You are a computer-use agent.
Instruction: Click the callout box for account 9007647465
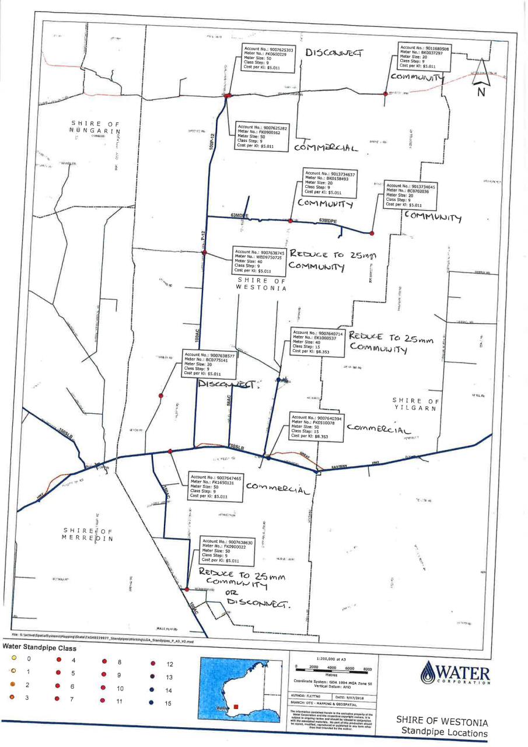215,487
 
